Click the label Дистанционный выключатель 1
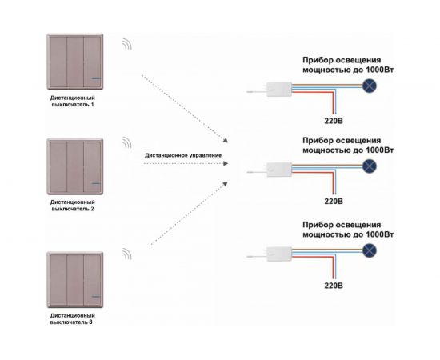coord(72,102)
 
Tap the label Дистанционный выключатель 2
coord(72,206)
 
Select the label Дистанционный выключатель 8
coord(72,318)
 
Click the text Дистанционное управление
coord(183,155)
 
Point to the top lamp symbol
coord(370,86)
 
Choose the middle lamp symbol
coord(370,166)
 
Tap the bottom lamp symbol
coord(370,250)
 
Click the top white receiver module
coord(279,90)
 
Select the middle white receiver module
coord(279,170)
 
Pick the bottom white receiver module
coord(279,254)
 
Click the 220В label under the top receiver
coord(334,121)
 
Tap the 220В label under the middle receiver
coord(334,201)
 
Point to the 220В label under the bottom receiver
coord(334,286)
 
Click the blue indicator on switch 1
coord(96,78)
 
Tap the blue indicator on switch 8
coord(96,296)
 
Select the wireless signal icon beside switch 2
coord(127,143)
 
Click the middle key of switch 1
coord(75,62)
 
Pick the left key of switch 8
coord(58,280)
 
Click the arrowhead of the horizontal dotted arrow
coord(226,163)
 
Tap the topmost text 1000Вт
coord(380,70)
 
